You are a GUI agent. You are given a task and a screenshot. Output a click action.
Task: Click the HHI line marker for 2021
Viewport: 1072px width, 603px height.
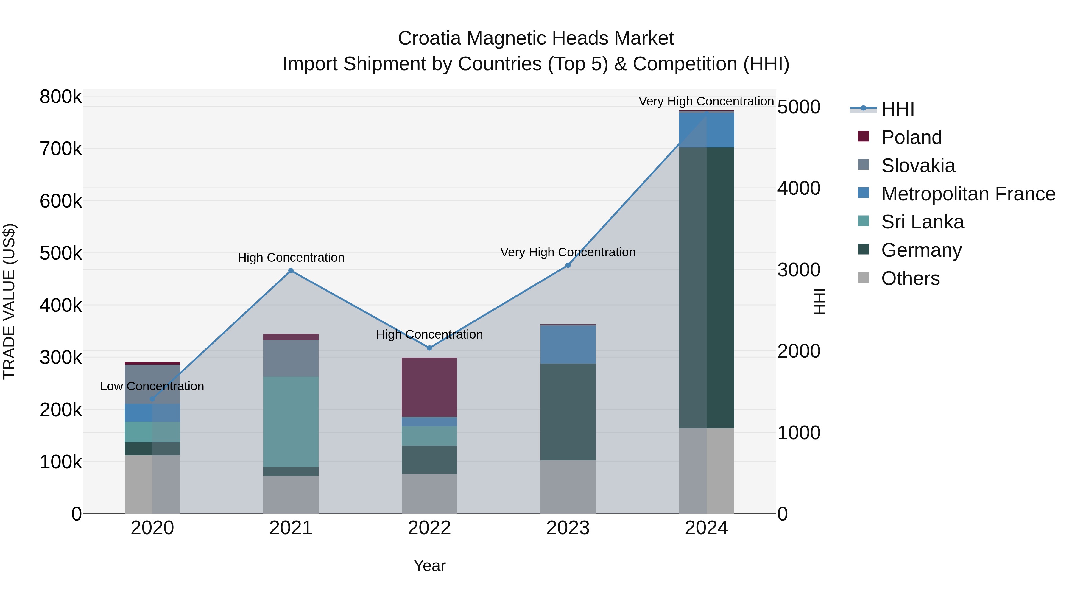pos(291,270)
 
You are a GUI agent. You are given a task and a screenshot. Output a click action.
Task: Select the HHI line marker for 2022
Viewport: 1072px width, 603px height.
pos(429,348)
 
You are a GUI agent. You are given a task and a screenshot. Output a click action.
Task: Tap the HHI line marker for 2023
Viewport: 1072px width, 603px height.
pos(568,265)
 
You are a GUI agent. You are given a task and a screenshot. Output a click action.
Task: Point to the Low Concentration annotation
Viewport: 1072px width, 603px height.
pos(152,386)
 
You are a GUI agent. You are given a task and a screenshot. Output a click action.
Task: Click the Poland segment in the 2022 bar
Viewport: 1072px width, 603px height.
pos(429,387)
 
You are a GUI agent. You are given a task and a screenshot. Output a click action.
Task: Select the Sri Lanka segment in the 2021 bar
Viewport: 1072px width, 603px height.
pos(291,422)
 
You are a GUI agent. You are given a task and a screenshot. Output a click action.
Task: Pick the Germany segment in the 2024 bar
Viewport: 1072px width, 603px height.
pos(707,287)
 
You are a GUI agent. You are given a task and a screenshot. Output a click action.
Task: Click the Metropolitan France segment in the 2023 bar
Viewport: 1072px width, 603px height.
pos(568,345)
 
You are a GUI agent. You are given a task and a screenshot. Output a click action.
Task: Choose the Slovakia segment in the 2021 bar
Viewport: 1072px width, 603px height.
pos(291,358)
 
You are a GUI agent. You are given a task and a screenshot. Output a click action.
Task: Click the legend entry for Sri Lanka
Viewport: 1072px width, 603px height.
pos(922,222)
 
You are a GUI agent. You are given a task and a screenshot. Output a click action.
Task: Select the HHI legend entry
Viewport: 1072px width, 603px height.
pos(898,109)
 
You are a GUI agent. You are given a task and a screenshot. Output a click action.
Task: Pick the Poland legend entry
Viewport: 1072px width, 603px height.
pos(911,137)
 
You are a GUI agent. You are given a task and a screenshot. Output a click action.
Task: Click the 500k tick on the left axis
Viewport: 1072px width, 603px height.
pos(61,253)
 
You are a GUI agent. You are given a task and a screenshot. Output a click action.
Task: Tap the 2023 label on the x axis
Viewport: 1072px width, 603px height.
pos(568,528)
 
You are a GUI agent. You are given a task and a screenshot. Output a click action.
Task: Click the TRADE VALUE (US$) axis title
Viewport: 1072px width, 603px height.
pos(10,301)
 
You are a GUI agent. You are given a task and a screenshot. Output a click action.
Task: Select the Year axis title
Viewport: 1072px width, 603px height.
pos(429,565)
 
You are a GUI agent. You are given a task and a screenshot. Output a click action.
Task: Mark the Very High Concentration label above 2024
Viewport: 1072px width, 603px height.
pos(706,101)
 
